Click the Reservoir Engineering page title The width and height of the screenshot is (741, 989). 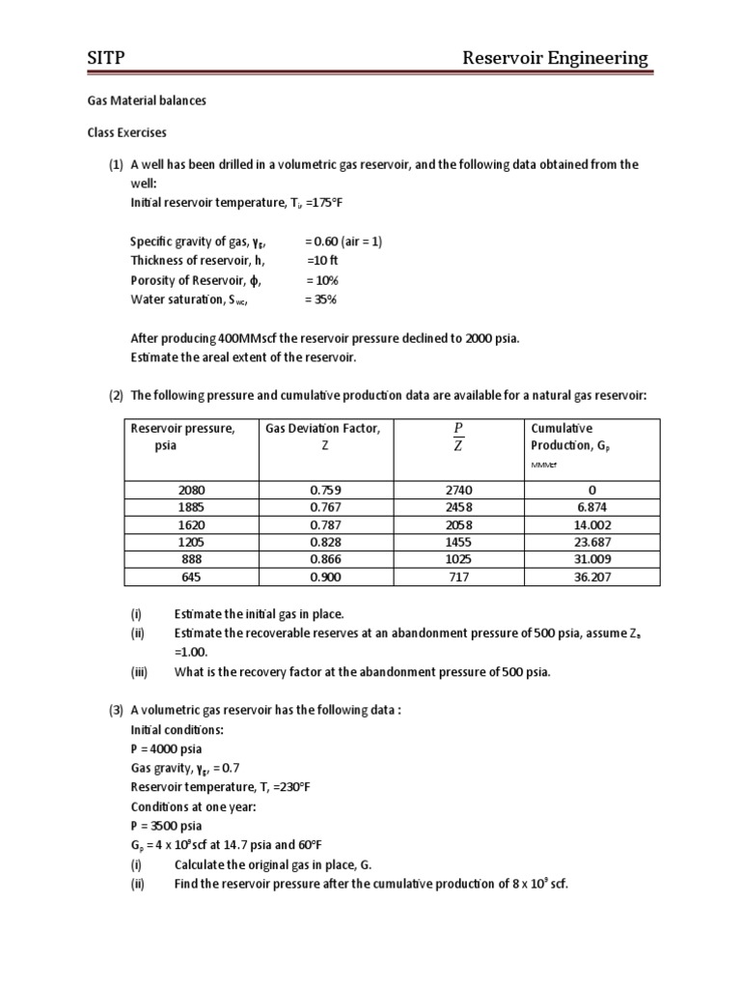pos(556,59)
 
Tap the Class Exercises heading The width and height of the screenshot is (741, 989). pos(119,132)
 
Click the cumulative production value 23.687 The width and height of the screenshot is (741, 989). pos(592,542)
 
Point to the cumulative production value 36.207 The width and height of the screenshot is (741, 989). pos(592,577)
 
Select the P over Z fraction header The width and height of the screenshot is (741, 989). pos(457,437)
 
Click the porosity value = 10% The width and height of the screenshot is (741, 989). pos(324,280)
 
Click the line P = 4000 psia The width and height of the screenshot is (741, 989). pos(167,749)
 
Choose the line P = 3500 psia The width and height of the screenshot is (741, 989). pos(167,826)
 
